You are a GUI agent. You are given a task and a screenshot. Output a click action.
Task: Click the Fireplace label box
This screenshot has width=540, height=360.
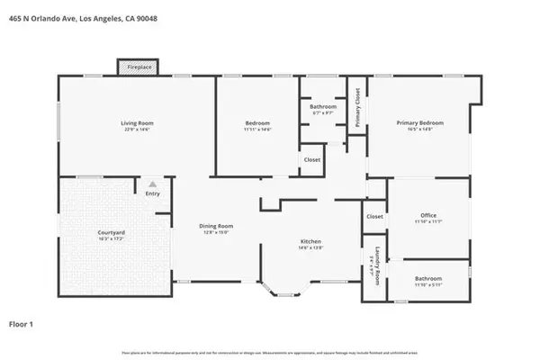(x=138, y=67)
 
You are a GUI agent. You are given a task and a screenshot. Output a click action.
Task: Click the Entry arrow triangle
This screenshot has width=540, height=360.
(x=153, y=183)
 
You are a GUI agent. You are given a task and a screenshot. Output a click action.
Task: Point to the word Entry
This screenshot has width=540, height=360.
(x=153, y=192)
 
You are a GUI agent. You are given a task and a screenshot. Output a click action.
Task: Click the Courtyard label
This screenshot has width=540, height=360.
(x=112, y=232)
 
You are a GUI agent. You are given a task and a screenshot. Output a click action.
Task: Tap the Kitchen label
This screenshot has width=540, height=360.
(x=310, y=241)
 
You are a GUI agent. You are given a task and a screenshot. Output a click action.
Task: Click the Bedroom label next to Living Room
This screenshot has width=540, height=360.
(x=258, y=122)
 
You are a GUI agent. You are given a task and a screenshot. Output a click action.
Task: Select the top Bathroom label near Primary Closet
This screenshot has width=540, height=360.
(x=323, y=106)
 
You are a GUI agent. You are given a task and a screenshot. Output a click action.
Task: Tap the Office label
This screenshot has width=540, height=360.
(x=427, y=215)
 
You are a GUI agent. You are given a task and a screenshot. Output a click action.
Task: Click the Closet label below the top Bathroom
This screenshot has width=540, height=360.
(x=311, y=159)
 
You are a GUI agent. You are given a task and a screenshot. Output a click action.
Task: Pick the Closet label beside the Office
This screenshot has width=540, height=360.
(x=373, y=216)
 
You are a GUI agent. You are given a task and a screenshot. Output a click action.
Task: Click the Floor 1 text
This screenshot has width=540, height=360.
(x=22, y=322)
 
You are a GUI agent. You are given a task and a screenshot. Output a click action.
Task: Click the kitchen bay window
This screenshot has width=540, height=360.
(x=283, y=290)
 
